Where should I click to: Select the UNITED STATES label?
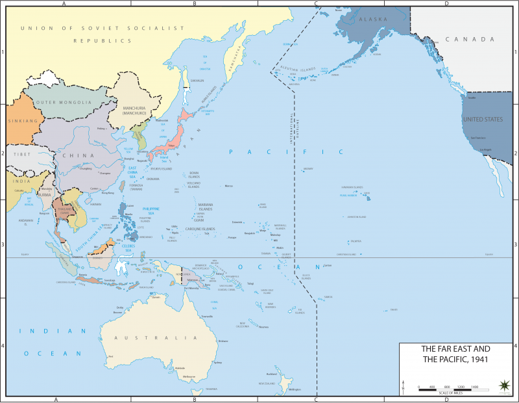[481, 120]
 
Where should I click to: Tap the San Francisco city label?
[478, 138]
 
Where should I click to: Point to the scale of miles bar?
[448, 388]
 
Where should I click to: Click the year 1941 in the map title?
[477, 359]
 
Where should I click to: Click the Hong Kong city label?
[108, 193]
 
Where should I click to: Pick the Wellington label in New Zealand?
[295, 389]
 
